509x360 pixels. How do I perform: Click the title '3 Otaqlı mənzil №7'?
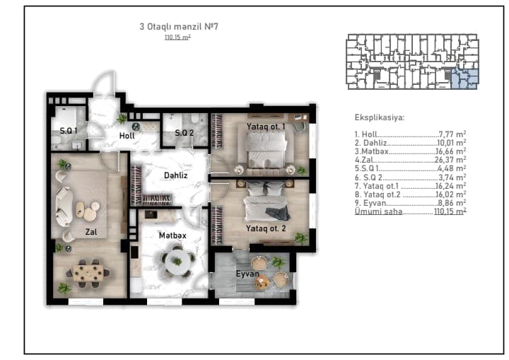pos(179,26)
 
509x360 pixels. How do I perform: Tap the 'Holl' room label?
pos(127,136)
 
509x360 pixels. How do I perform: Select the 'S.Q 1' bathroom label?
pos(69,131)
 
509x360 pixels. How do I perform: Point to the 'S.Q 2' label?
pos(185,132)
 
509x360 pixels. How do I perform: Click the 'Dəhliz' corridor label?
pos(175,175)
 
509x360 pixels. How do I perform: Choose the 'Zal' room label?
pos(91,232)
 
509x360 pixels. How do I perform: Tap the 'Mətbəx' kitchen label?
pos(172,236)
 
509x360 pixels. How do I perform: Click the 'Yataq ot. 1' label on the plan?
pos(266,127)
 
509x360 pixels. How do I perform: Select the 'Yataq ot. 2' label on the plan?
pos(266,228)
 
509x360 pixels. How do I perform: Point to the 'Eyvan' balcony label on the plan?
pos(247,274)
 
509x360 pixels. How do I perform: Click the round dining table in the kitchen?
pos(177,262)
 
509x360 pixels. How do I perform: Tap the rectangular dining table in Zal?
pos(88,273)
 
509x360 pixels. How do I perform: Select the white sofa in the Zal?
pos(64,207)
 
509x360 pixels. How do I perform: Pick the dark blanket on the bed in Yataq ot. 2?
pos(278,213)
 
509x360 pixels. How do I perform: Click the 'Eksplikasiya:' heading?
pos(380,117)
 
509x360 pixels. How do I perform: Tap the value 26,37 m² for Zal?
pos(450,160)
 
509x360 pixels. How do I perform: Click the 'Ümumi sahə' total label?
pos(378,211)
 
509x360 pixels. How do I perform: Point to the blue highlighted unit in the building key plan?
pos(465,79)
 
